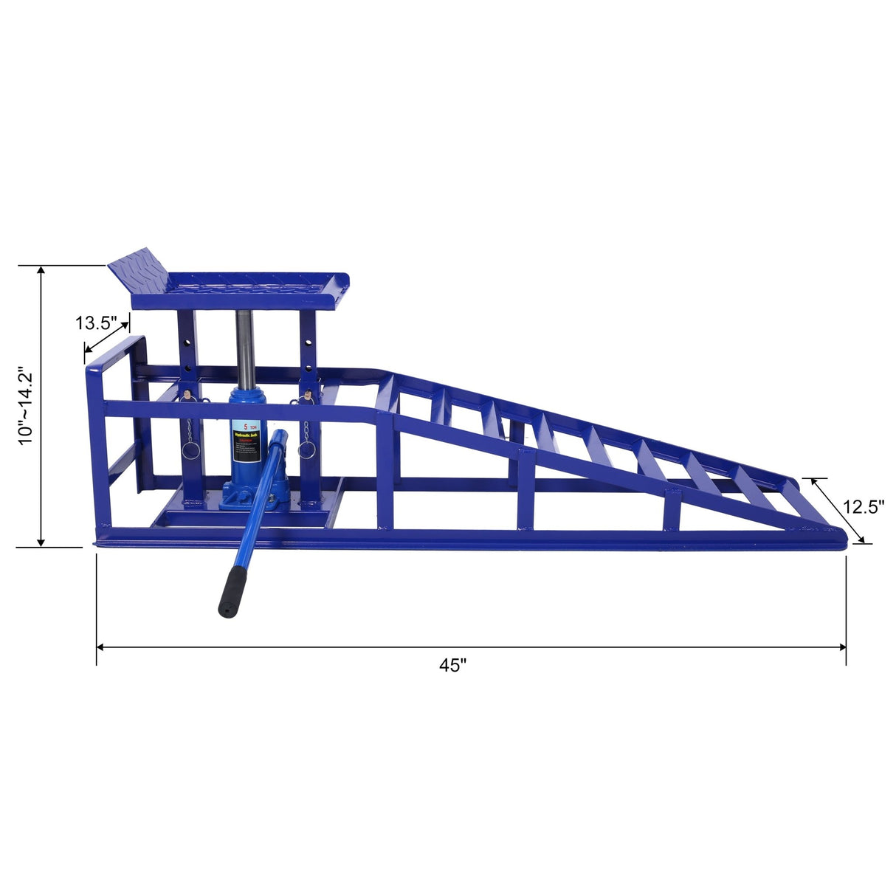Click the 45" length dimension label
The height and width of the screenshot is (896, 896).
pos(453,665)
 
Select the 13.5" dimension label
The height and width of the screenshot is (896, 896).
pos(96,323)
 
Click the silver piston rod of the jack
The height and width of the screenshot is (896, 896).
pos(244,347)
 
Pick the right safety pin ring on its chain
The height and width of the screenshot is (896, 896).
pos(307,449)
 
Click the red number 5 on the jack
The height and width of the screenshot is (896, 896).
pos(243,426)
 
